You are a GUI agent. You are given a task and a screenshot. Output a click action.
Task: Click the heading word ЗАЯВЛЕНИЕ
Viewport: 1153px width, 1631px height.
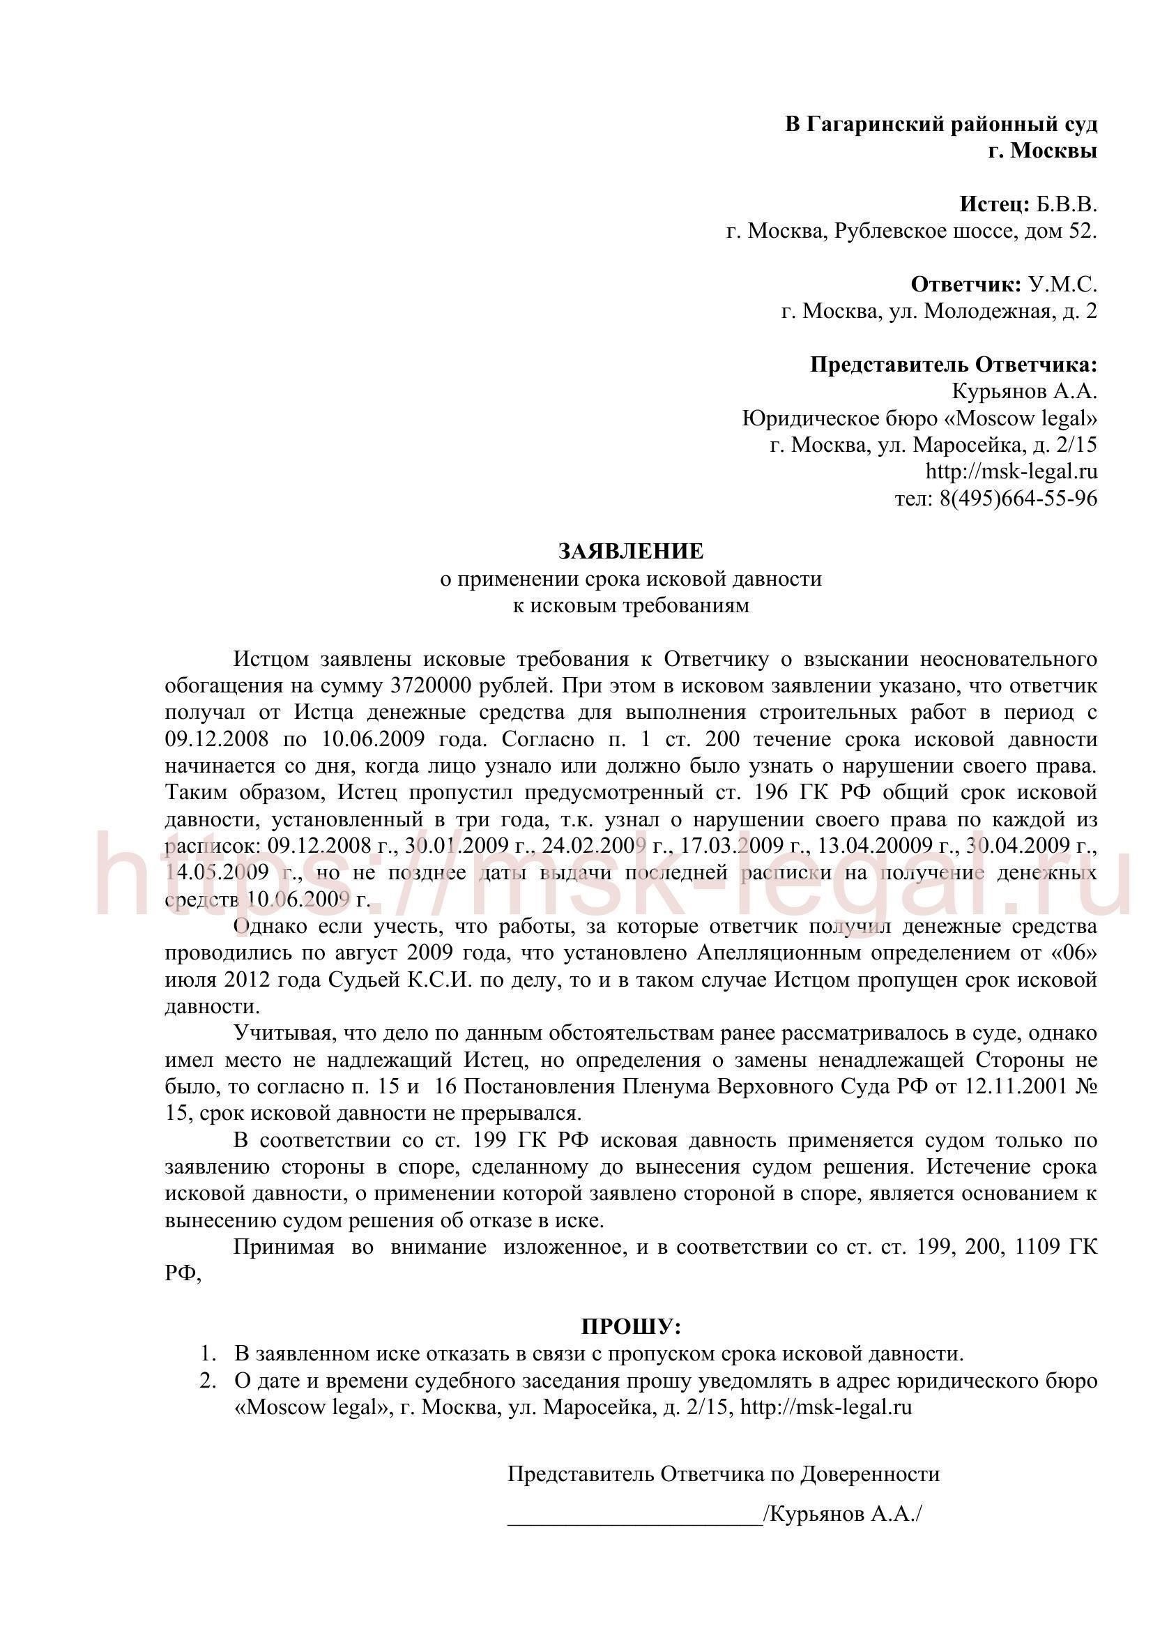[x=630, y=552]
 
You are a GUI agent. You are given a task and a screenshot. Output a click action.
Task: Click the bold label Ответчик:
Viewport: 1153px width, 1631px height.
[x=966, y=285]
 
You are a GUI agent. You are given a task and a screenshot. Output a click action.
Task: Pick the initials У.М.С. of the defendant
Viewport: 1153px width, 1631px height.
[x=1062, y=285]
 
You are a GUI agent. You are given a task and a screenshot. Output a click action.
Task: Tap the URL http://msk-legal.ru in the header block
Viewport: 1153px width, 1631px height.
[x=1011, y=471]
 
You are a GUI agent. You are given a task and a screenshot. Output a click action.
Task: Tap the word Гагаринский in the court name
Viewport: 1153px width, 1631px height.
[x=860, y=124]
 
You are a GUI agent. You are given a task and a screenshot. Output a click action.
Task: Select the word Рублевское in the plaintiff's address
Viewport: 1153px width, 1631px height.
[x=889, y=231]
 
